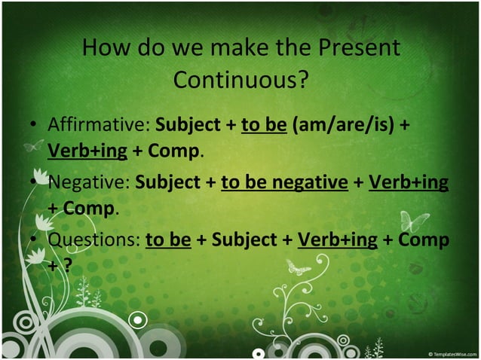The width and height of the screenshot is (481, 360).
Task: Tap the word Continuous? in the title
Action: tap(240, 78)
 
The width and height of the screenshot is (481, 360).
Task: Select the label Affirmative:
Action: tap(99, 124)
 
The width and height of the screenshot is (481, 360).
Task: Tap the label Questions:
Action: tap(93, 239)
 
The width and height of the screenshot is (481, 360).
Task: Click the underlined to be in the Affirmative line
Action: tap(264, 124)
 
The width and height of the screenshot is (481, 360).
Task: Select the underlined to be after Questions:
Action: tap(168, 239)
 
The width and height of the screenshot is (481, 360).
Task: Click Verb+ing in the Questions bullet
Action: tap(338, 239)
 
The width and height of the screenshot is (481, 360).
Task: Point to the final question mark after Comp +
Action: tap(67, 265)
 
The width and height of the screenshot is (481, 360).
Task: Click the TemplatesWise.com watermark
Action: tap(452, 353)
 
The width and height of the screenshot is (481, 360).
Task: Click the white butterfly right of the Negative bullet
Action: tap(414, 221)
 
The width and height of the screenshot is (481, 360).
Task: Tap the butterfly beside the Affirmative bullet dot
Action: tap(31, 145)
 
